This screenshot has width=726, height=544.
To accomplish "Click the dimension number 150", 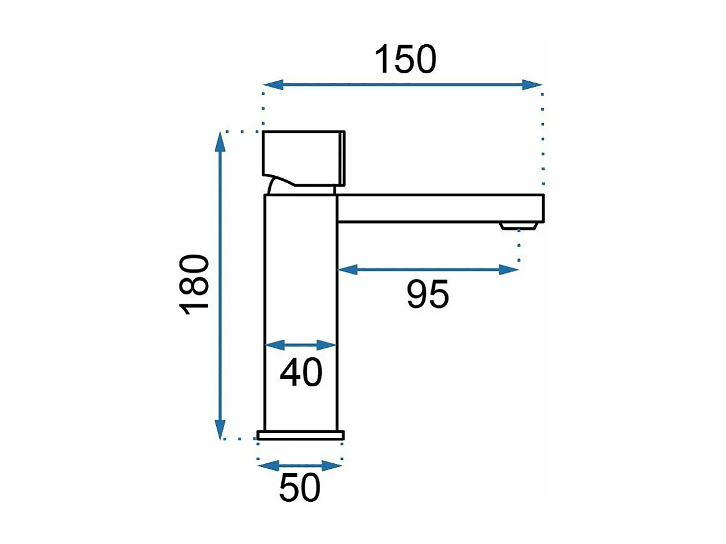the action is point(405,60).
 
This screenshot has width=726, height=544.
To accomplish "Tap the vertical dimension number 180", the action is point(194,285).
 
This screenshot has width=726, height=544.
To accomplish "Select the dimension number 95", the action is point(428,294).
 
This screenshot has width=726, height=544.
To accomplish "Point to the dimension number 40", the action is point(301,372).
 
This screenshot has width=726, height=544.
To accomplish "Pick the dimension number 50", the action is point(299,487).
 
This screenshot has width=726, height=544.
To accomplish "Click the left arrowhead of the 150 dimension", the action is point(273,84).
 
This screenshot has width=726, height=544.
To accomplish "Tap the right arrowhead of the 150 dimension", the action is point(532,84).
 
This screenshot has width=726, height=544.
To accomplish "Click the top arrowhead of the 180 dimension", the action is point(220,142).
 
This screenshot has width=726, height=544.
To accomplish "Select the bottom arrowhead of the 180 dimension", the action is point(220,430).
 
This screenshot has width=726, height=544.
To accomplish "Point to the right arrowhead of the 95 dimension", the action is point(509,270).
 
